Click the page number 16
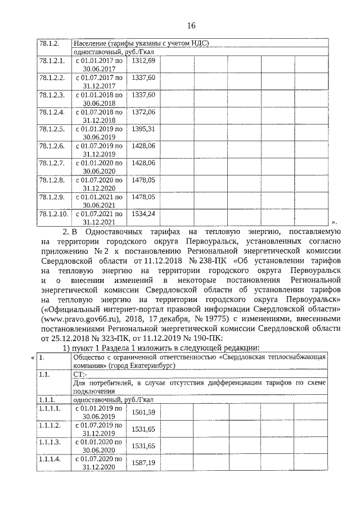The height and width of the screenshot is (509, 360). pos(191,25)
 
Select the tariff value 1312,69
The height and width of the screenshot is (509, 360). pos(143,60)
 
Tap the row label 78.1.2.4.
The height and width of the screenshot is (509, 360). pos(51,112)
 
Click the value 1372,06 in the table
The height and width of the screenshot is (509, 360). pos(143,112)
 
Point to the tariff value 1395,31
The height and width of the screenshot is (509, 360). pos(143,129)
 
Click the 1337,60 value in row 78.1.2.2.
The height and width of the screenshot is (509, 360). pos(143,78)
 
